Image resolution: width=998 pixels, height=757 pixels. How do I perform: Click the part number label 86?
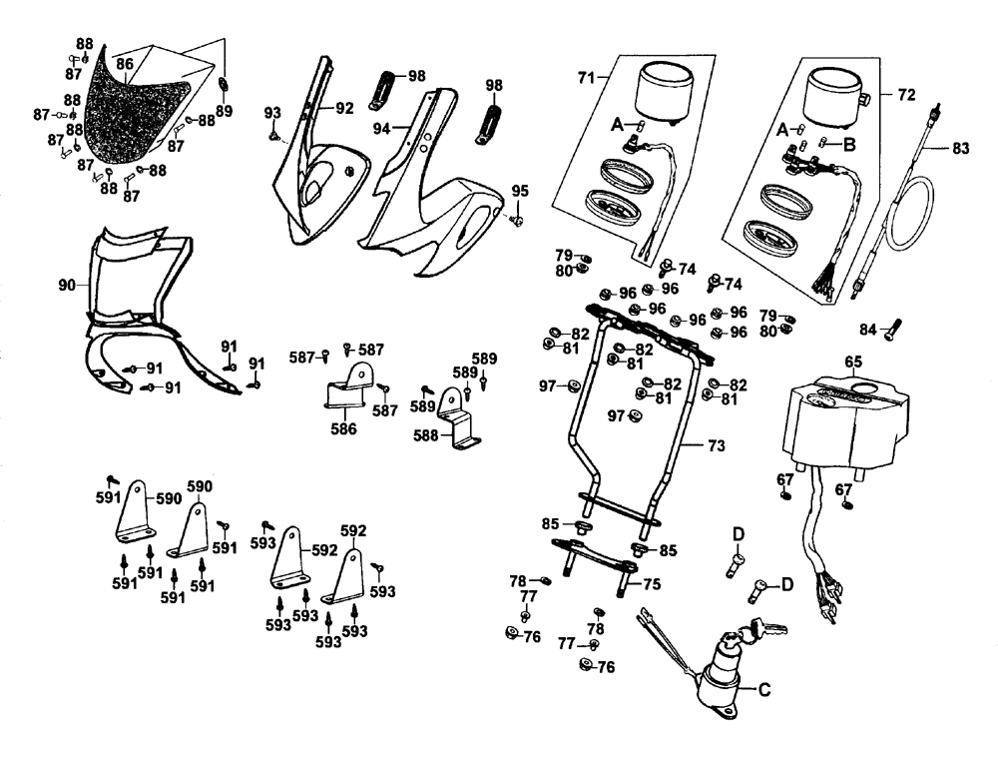click(125, 64)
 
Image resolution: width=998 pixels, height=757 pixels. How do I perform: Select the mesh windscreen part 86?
click(135, 115)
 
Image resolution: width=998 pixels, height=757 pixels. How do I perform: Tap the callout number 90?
click(67, 287)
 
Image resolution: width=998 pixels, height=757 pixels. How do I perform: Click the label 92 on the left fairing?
click(344, 108)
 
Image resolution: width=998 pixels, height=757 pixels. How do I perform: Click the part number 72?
click(906, 96)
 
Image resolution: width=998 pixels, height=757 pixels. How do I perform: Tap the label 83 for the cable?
click(960, 149)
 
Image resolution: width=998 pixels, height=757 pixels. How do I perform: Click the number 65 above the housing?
click(853, 362)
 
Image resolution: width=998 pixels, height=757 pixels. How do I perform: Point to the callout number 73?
click(716, 444)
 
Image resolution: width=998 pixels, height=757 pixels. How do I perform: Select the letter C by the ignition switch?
click(764, 688)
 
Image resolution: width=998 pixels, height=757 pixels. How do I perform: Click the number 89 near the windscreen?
click(224, 111)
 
